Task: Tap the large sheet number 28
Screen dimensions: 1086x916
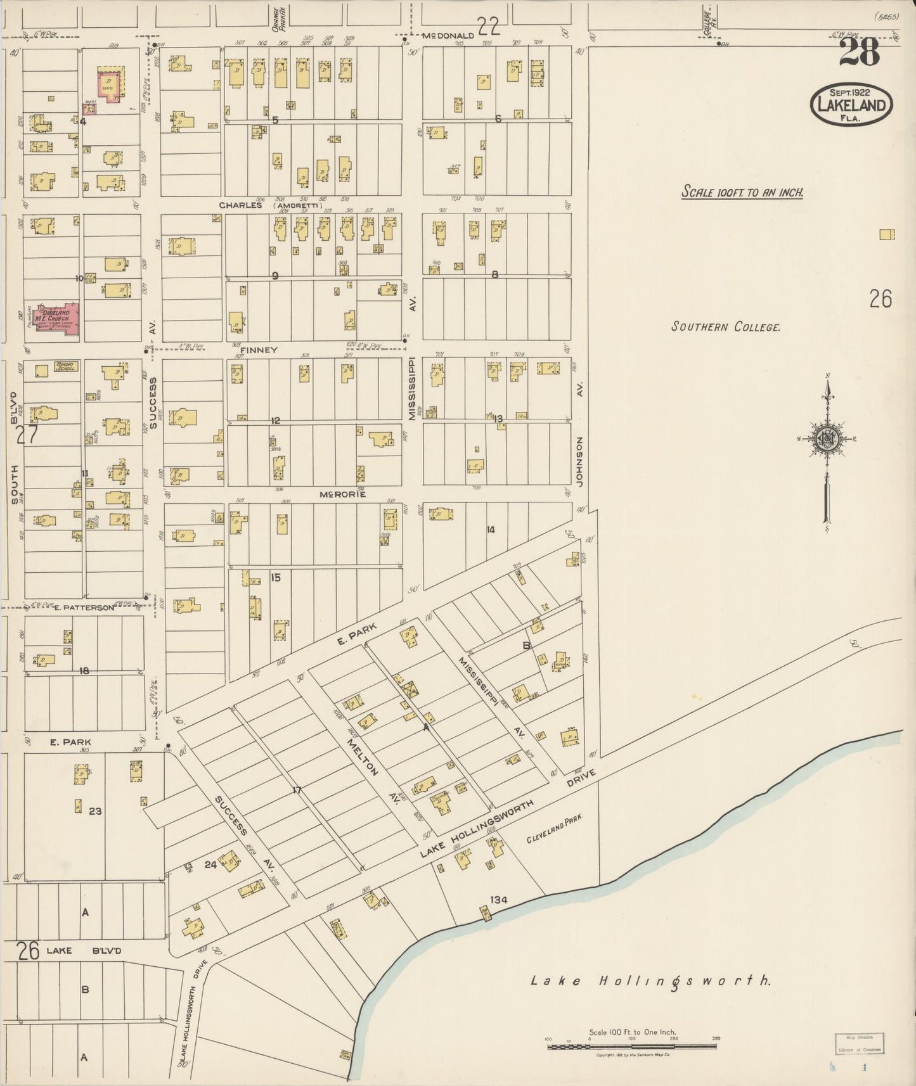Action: (x=860, y=53)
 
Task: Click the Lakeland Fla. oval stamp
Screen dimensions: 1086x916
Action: (x=851, y=104)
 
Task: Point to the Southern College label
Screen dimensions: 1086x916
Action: (x=725, y=327)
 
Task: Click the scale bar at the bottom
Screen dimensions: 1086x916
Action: (x=631, y=1046)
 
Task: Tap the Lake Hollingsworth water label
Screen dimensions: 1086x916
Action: (x=650, y=981)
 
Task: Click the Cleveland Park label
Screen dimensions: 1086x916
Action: (x=553, y=829)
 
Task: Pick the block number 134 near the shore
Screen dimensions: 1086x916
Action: (x=499, y=899)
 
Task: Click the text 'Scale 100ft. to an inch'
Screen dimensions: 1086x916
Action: (x=742, y=192)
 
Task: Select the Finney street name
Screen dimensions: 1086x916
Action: (x=259, y=350)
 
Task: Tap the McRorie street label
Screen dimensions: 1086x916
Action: (x=342, y=494)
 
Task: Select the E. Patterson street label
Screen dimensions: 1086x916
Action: (x=84, y=608)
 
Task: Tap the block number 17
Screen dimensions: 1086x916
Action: (x=296, y=789)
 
